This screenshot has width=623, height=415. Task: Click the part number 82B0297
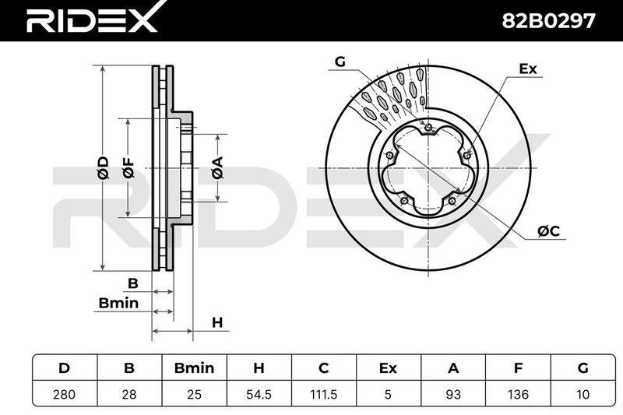[549, 21]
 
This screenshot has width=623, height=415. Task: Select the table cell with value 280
[65, 394]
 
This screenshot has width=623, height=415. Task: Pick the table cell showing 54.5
[259, 394]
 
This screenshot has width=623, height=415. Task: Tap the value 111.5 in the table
[324, 394]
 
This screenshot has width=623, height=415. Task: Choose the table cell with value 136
[518, 394]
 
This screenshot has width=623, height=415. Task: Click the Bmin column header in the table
[194, 368]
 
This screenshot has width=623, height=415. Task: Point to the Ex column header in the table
[388, 368]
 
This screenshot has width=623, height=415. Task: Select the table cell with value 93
[453, 394]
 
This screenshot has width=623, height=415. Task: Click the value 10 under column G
[583, 394]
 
